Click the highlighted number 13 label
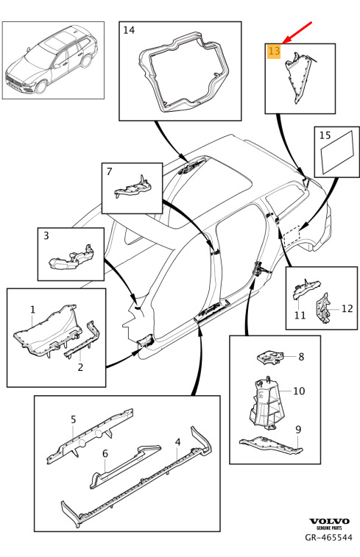point(274,52)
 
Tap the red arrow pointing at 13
point(297,32)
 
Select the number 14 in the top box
point(129,30)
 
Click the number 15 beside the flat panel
point(325,135)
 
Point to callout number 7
point(109,171)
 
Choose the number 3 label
point(46,235)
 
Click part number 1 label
point(32,310)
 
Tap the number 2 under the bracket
point(80,367)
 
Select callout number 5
point(73,419)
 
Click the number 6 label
point(105,454)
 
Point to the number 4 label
point(177,442)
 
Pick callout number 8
point(301,356)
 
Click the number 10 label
point(299,391)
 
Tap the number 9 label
point(298,430)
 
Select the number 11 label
point(300,315)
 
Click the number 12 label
point(347,308)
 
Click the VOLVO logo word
point(329,521)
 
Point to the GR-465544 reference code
point(329,537)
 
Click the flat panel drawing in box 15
point(337,152)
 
